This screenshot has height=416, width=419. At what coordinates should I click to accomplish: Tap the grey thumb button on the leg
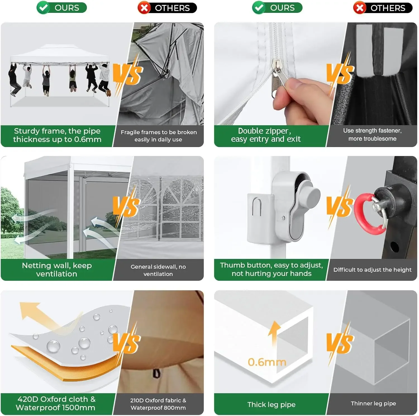[x=309, y=194]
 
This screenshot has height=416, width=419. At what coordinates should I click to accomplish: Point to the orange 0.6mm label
[x=267, y=362]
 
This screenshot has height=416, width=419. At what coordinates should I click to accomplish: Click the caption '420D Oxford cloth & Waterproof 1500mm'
[x=56, y=403]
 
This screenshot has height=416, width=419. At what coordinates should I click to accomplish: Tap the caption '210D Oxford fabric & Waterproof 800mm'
[x=158, y=404]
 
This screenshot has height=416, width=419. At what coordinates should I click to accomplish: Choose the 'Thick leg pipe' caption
[x=271, y=405]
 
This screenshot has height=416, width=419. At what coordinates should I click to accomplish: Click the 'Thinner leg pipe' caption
[x=373, y=403]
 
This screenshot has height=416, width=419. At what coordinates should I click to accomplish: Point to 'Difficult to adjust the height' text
[x=372, y=270]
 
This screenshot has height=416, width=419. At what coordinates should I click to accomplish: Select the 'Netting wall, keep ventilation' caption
[x=57, y=270]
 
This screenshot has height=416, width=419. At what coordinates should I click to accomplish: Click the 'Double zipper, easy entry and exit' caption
[x=266, y=135]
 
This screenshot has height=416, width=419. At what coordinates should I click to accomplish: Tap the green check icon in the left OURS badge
[x=43, y=8]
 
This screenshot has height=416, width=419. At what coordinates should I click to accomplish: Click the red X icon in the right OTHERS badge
[x=360, y=8]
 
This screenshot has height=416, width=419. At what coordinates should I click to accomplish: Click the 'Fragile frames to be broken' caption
[x=159, y=132]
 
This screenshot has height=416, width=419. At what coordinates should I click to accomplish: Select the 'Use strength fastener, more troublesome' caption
[x=372, y=134]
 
